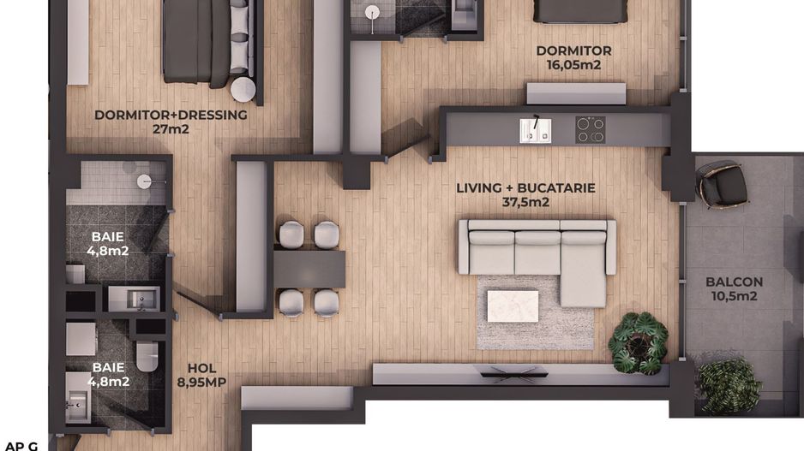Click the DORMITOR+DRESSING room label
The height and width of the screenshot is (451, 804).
point(171,115)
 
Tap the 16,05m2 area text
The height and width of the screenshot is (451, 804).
point(573,64)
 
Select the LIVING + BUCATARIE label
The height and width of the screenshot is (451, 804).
point(525,188)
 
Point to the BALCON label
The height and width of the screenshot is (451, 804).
point(734,282)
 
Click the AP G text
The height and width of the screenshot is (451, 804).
point(21,445)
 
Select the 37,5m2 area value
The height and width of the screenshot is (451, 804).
point(525,203)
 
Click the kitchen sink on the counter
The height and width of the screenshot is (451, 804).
point(535,130)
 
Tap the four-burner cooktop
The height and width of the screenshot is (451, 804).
point(590,130)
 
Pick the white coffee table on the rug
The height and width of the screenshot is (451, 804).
point(513,306)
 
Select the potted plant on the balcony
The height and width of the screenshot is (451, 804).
point(729,385)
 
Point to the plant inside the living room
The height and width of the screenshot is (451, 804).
point(638,342)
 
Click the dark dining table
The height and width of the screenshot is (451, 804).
point(309,269)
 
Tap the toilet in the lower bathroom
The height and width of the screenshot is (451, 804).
point(147,355)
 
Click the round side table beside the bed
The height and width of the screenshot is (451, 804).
point(243,90)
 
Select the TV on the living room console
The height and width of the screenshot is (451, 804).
point(513,372)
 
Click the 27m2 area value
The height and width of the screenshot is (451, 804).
point(171,129)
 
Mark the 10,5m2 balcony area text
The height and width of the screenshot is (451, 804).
point(734,296)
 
